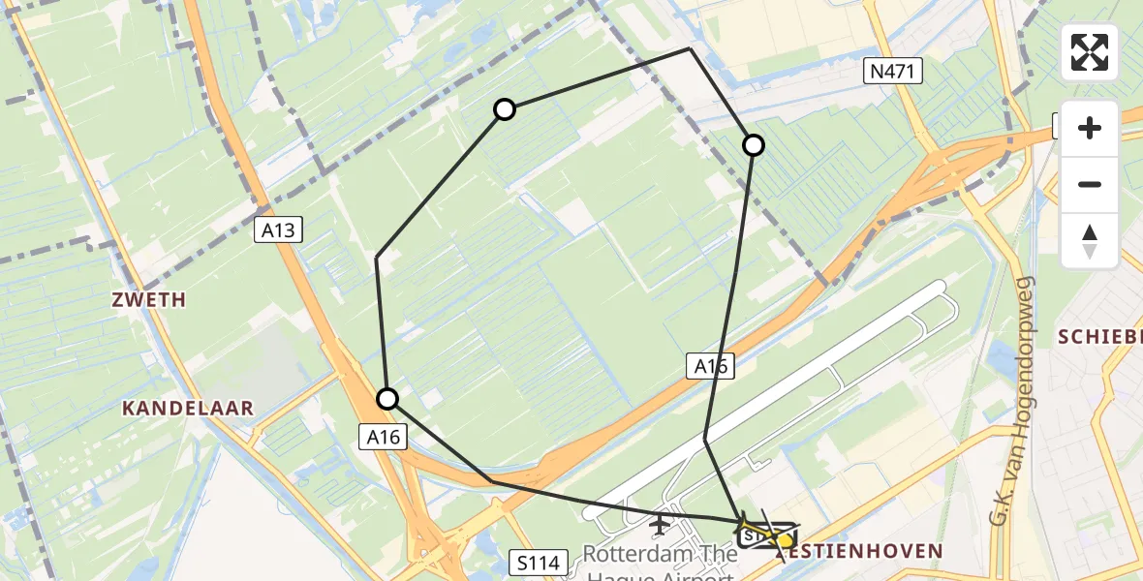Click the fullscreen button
click(x=1090, y=52)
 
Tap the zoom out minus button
click(x=1090, y=184)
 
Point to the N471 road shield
click(x=894, y=71)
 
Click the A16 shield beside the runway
click(x=711, y=366)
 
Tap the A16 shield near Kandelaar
click(x=383, y=437)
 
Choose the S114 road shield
click(x=536, y=562)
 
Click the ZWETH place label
click(x=147, y=300)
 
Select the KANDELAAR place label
click(x=188, y=409)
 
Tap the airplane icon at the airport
click(x=660, y=525)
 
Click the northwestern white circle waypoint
click(x=505, y=109)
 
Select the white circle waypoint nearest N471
click(x=753, y=145)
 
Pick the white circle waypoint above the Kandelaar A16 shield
click(x=387, y=398)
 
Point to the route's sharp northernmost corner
click(x=690, y=47)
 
